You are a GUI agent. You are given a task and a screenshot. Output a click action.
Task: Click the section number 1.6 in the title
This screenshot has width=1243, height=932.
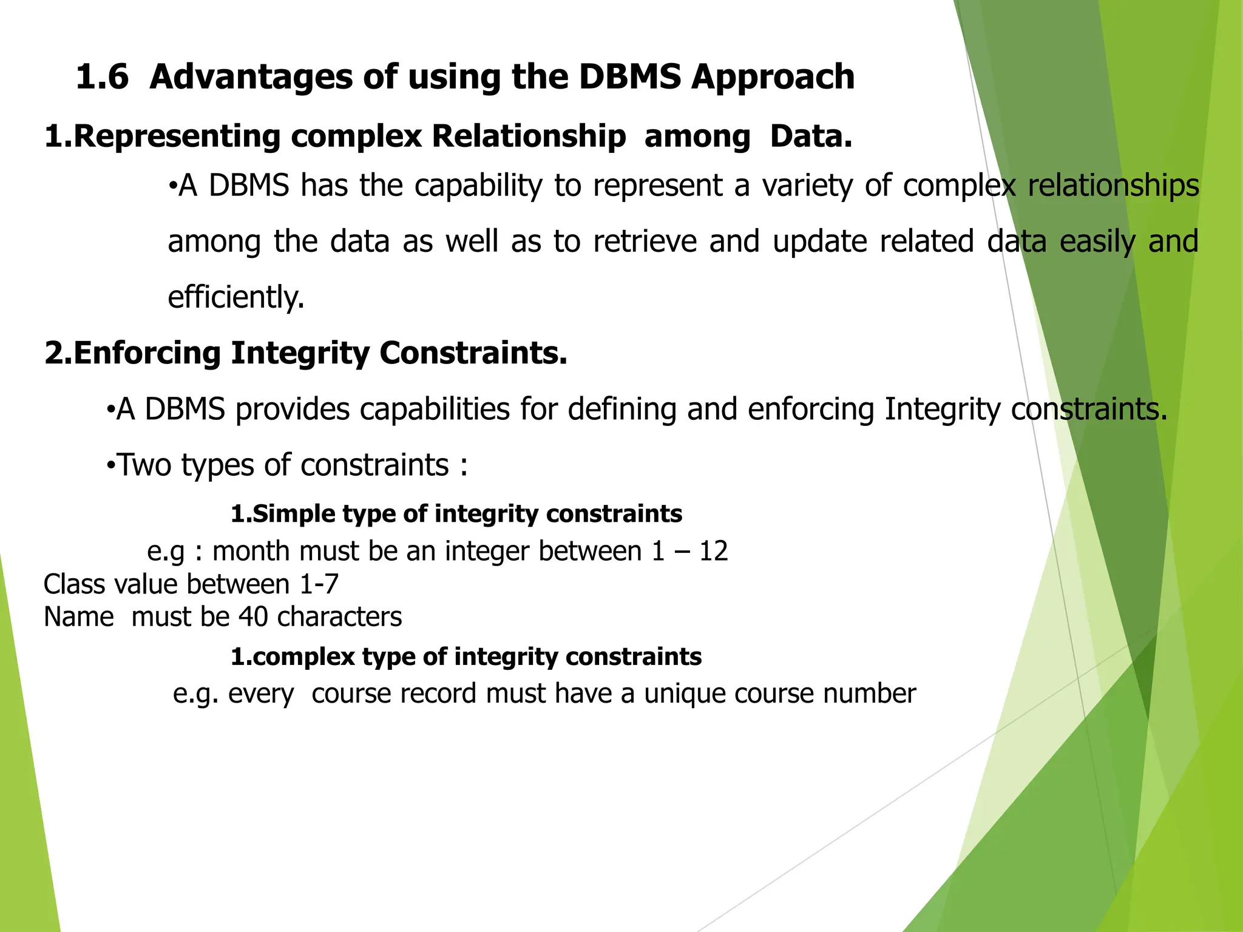click(102, 77)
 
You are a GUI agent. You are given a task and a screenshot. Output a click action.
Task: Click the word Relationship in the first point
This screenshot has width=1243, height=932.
click(529, 136)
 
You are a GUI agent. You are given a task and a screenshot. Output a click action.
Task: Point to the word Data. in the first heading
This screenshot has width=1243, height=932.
click(811, 136)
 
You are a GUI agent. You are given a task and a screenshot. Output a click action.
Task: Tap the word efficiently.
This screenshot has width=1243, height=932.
click(235, 297)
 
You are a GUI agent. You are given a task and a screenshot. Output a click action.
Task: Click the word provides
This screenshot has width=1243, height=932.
click(292, 409)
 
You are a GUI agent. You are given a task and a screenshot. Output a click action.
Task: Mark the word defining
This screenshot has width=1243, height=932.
click(621, 409)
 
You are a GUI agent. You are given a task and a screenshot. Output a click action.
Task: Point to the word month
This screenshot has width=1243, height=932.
click(250, 551)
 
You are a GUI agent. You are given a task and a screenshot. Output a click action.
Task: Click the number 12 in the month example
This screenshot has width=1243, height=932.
click(713, 551)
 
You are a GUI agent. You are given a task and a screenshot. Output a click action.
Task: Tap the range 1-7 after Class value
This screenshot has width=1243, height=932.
click(319, 584)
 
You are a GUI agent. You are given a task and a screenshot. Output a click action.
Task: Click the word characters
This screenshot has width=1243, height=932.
click(339, 617)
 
